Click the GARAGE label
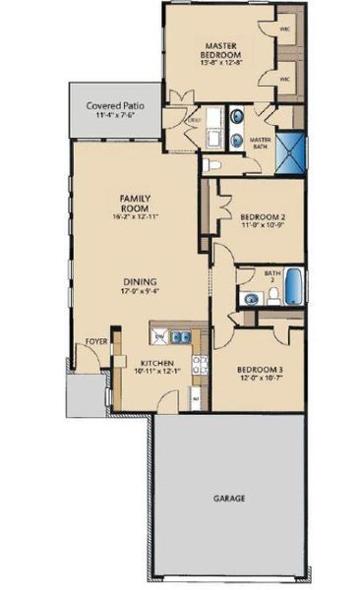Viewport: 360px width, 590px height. click(x=229, y=499)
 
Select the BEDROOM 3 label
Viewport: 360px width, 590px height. click(x=260, y=372)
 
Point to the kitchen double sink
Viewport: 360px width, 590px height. click(x=178, y=337)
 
